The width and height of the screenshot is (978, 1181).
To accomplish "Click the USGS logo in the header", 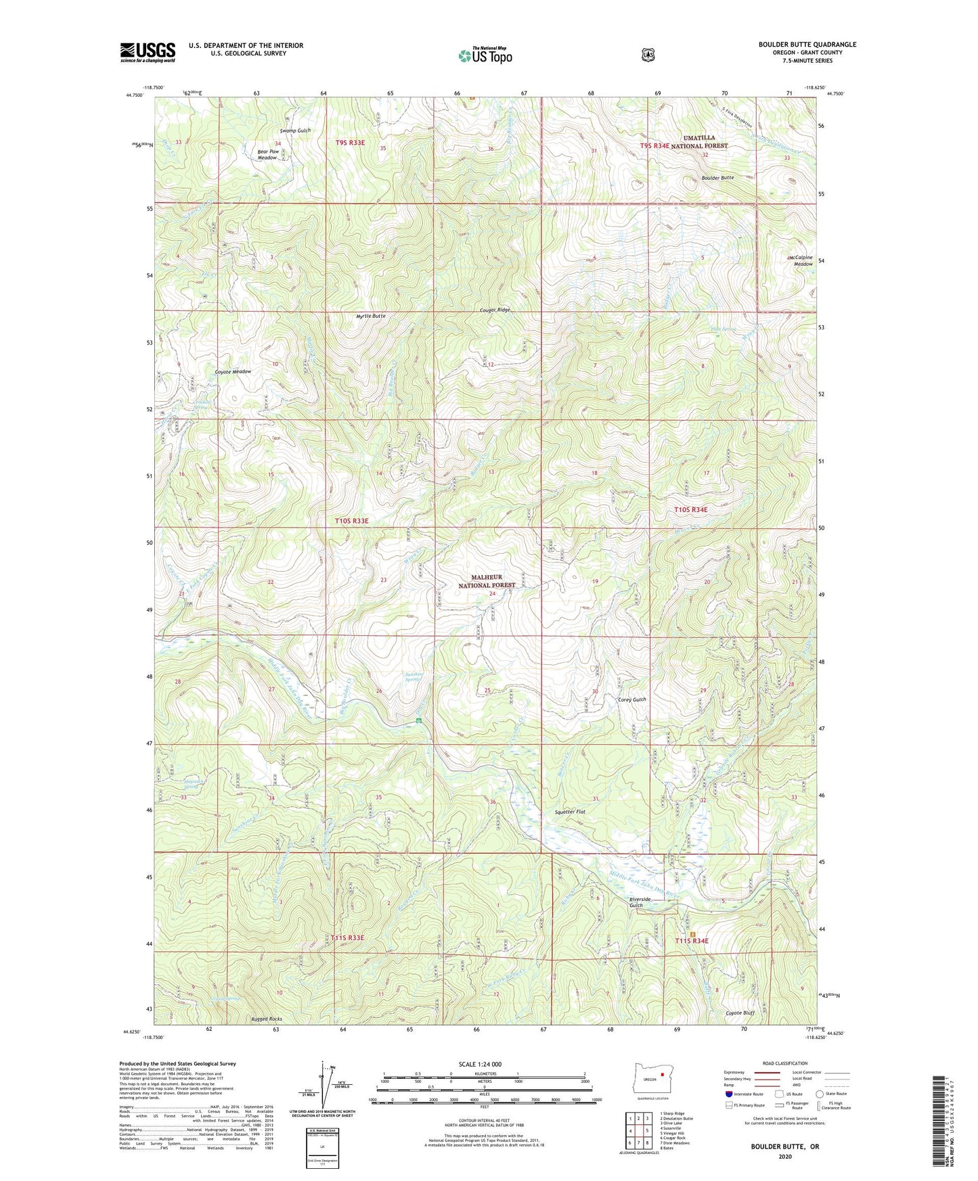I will point(148,52).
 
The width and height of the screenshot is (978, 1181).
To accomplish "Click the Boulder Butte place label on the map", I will point(717,178).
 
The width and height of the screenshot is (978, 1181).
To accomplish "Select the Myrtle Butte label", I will point(371,316).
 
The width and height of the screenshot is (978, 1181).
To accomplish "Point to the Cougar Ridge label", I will point(490,310).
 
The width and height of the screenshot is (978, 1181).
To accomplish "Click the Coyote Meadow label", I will point(233,371).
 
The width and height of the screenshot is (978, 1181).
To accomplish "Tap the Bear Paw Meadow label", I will point(268,155).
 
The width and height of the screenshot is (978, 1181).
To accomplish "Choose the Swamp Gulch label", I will point(295,131).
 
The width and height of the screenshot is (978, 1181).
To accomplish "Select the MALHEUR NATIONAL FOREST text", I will point(487,581).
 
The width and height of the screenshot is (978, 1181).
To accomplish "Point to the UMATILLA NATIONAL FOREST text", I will point(698,141).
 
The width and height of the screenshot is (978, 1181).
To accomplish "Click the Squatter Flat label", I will point(569,812).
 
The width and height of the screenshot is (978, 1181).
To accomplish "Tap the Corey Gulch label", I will point(632,699).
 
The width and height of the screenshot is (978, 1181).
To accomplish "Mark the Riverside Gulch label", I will point(640,903).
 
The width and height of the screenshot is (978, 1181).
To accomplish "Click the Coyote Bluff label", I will point(740,1013).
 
